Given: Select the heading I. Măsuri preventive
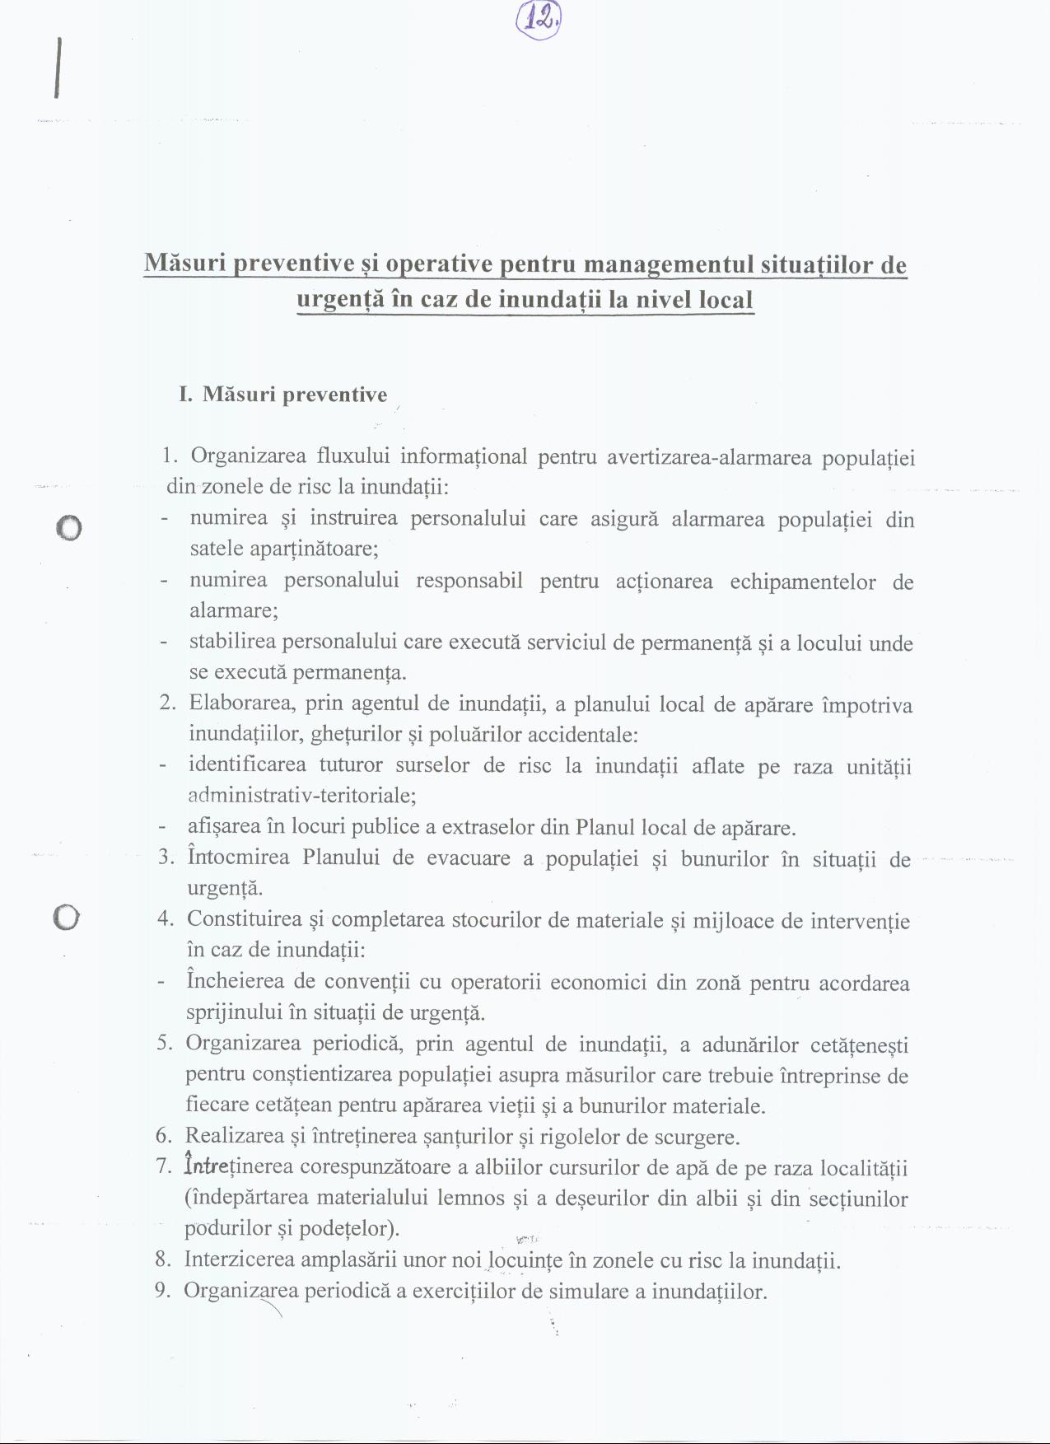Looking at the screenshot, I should click(282, 395).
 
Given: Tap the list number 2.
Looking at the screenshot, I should click(167, 703).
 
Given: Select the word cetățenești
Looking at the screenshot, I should click(859, 1045).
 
